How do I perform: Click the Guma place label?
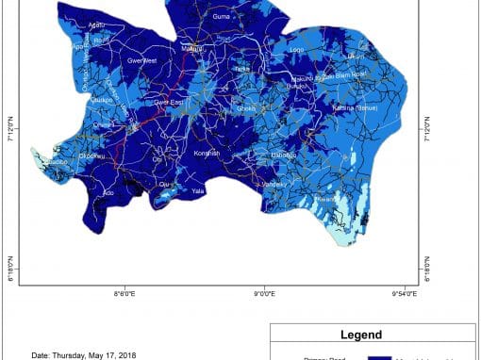click(x=222, y=17)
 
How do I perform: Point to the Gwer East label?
click(x=169, y=101)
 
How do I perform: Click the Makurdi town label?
click(x=192, y=49)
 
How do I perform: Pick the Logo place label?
click(x=297, y=49)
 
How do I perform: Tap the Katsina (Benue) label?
click(x=356, y=108)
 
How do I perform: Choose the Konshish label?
click(x=207, y=153)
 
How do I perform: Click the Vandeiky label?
click(x=274, y=184)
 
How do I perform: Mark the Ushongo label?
click(x=284, y=155)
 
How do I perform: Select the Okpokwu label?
click(x=91, y=156)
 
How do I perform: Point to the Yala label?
click(x=198, y=190)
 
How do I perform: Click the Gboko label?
click(x=246, y=109)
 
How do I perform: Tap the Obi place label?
click(x=157, y=158)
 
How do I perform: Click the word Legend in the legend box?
click(x=361, y=335)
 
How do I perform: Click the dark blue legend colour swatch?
click(x=380, y=357)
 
